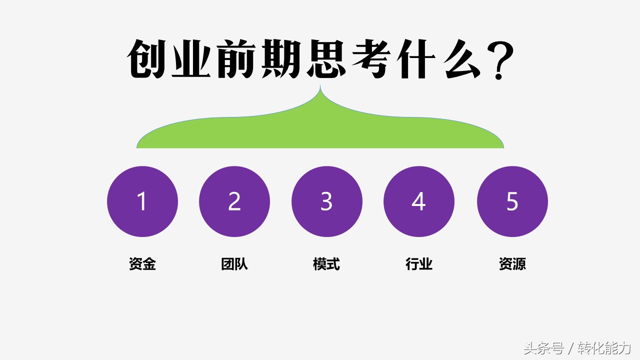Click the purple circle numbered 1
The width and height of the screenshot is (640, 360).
tap(142, 201)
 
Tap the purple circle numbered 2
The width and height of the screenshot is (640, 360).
tap(234, 201)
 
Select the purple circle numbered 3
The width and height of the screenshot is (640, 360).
tap(326, 201)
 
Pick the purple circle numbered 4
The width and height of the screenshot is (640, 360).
tap(419, 201)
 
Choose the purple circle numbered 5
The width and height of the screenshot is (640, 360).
tap(512, 201)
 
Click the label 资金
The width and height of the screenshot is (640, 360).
tap(142, 264)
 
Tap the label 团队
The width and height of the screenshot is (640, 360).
tap(234, 264)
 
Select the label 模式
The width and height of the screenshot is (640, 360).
tap(326, 264)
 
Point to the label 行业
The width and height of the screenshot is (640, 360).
tap(419, 264)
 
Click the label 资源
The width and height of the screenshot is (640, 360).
tap(512, 264)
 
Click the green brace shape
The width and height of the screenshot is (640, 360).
tap(320, 132)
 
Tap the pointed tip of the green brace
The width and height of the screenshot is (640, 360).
tap(320, 87)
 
